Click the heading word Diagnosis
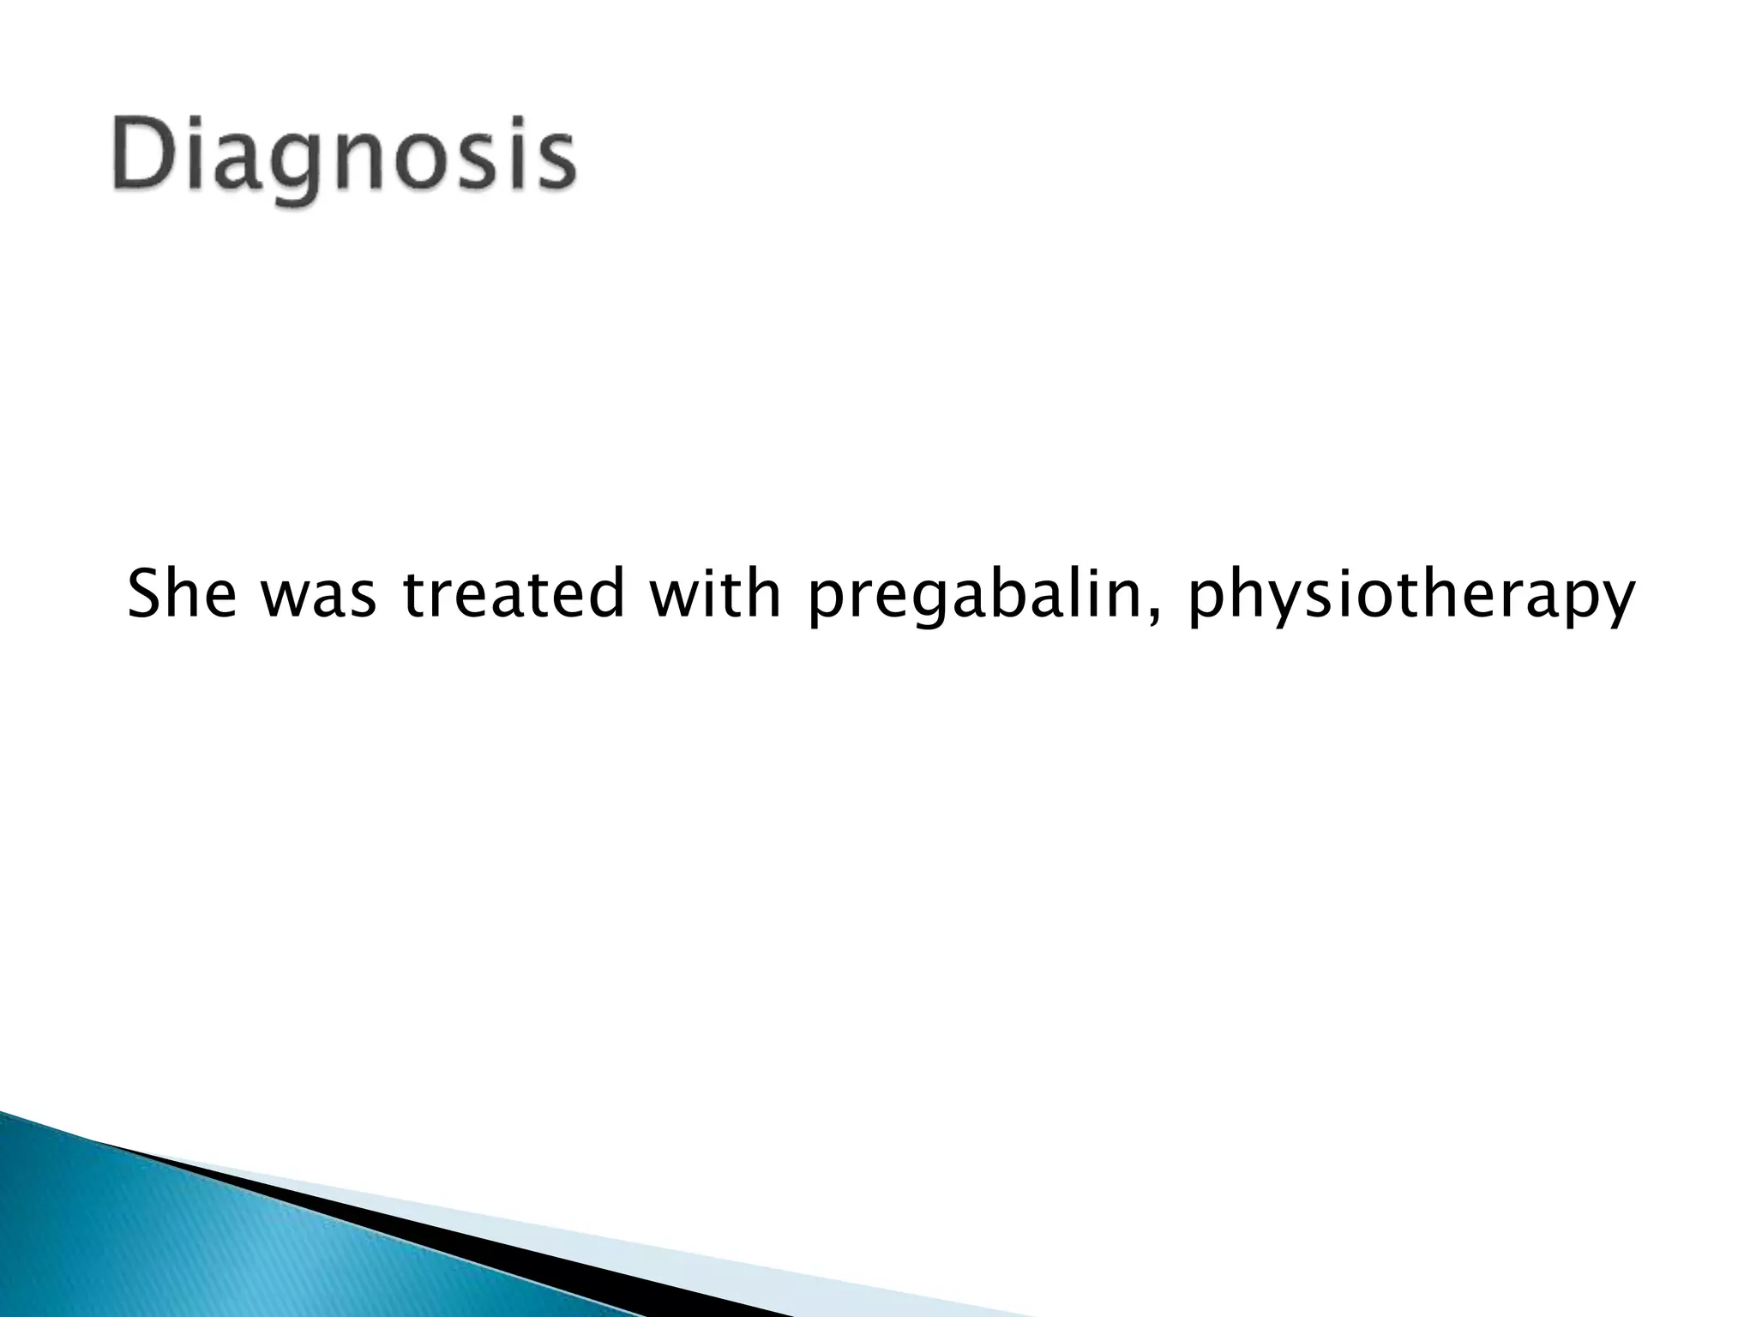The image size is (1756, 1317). pyautogui.click(x=343, y=159)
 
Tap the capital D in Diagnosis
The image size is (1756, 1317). pyautogui.click(x=137, y=154)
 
